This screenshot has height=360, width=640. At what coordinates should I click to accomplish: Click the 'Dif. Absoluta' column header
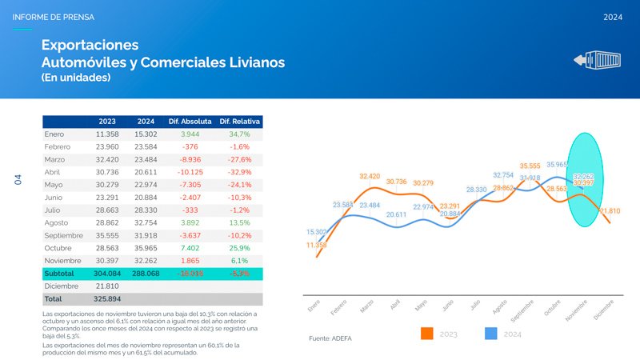pyautogui.click(x=190, y=121)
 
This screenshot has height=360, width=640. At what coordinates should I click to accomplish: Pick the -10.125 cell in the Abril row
pyautogui.click(x=190, y=172)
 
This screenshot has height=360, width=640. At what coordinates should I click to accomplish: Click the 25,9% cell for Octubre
pyautogui.click(x=240, y=248)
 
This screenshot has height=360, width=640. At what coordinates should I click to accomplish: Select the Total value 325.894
pyautogui.click(x=107, y=298)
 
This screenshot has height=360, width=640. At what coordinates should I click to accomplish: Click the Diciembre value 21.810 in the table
pyautogui.click(x=107, y=286)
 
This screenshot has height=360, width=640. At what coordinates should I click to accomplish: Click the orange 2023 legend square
pyautogui.click(x=426, y=334)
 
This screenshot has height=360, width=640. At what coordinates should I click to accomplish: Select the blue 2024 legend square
pyautogui.click(x=492, y=334)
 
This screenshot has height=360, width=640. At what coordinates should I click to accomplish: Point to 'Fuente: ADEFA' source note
pyautogui.click(x=330, y=338)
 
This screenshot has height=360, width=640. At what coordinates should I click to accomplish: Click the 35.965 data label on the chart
pyautogui.click(x=558, y=165)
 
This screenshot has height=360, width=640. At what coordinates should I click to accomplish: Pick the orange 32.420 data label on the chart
pyautogui.click(x=370, y=176)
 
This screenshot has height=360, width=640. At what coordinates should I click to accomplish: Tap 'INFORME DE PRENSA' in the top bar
pyautogui.click(x=49, y=17)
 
